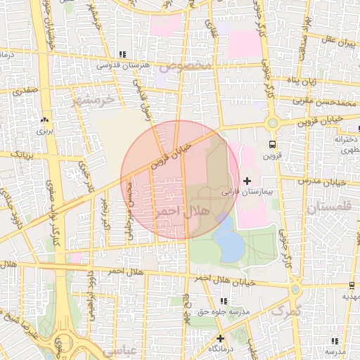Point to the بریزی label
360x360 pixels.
pos(45,131)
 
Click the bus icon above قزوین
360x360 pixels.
pos(271,145)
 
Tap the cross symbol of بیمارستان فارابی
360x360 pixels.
pos(246,181)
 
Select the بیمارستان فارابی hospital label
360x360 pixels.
pos(246,191)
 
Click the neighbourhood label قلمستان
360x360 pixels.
pos(328,208)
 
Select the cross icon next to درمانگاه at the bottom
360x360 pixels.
pos(220,338)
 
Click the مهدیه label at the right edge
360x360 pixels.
pos(349,296)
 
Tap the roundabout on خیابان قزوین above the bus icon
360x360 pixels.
pos(272,122)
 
